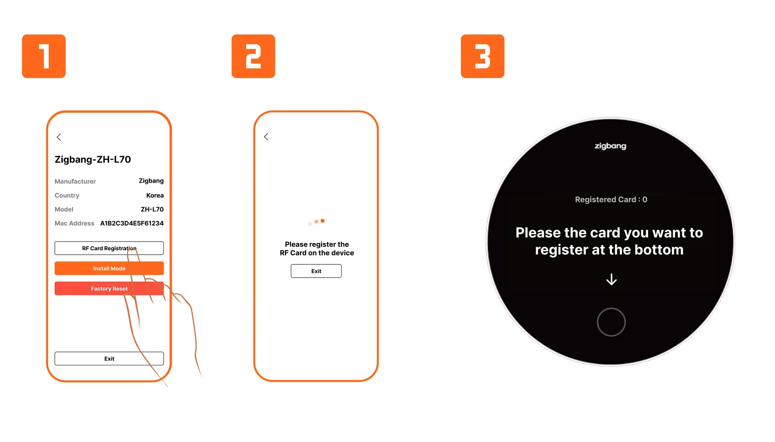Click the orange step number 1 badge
point(43,56)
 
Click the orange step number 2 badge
point(253,56)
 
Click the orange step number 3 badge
point(483,56)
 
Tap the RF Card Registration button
point(109,248)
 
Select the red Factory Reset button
point(109,289)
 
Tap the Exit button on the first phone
point(109,358)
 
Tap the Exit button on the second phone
point(316,271)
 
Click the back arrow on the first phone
point(59,137)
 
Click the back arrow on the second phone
point(266,137)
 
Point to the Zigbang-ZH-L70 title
point(93,159)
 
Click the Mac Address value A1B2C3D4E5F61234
point(132,223)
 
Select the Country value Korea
point(155,195)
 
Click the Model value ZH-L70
point(152,209)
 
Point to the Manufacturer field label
point(75,181)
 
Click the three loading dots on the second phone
point(316,222)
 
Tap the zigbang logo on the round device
point(610,146)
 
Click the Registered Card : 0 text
point(611,200)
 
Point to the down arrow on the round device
point(612,279)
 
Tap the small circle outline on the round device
point(612,308)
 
